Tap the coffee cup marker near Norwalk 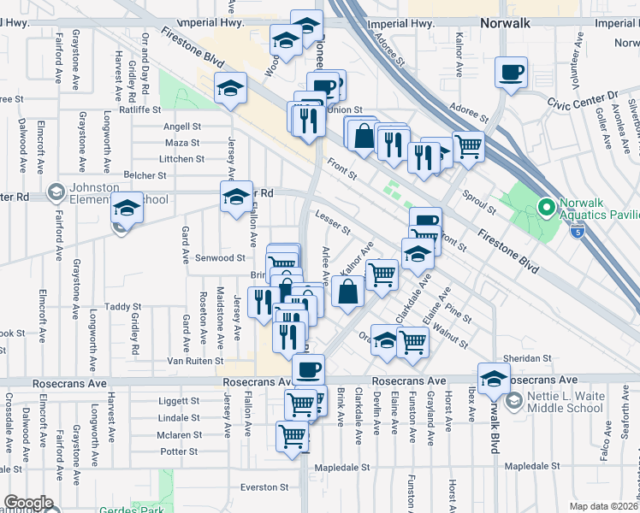(512, 72)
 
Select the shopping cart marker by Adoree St (467, 147)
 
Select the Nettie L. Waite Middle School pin (513, 400)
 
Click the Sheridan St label (526, 358)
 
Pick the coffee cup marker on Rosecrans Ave (308, 369)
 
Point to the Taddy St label (122, 306)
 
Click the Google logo (28, 503)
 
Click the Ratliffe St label (141, 109)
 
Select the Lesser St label (333, 222)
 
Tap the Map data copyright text (604, 506)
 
